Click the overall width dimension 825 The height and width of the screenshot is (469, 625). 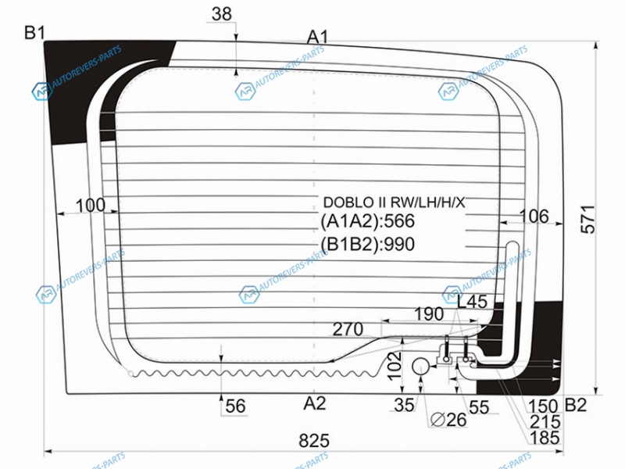point(314,441)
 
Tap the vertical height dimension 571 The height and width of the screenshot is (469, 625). point(588,220)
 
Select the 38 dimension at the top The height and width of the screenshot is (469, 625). point(222,14)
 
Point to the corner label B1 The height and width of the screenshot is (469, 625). point(34,32)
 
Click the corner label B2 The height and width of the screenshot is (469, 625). point(576,405)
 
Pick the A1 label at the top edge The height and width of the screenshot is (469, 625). point(318,37)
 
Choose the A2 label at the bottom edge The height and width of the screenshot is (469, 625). point(315,403)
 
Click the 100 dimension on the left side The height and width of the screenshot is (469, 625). point(91,206)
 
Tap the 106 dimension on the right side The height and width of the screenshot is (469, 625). point(534,217)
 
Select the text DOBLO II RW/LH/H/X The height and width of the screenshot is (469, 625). point(394,202)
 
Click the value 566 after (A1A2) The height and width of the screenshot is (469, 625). point(399,221)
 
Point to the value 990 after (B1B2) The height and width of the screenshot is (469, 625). point(399,244)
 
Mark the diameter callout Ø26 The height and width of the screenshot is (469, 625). point(448,420)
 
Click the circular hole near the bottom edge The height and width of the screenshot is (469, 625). point(420,366)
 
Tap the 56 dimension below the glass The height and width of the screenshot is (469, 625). point(235,406)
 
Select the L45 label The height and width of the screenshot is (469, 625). point(472,302)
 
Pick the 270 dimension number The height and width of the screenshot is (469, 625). point(348,329)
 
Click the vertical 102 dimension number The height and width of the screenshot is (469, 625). point(395,366)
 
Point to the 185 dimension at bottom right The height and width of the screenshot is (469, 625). point(545,438)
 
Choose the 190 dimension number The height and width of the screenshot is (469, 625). point(429,314)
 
